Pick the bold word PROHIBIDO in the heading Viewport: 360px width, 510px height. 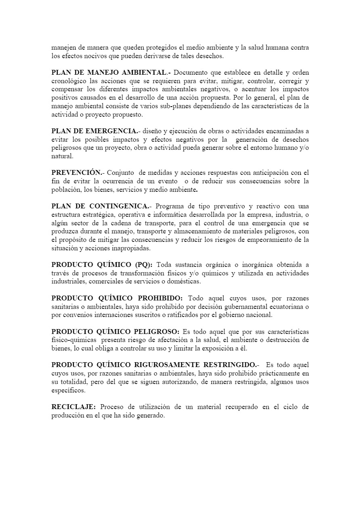pyautogui.click(x=160, y=298)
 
